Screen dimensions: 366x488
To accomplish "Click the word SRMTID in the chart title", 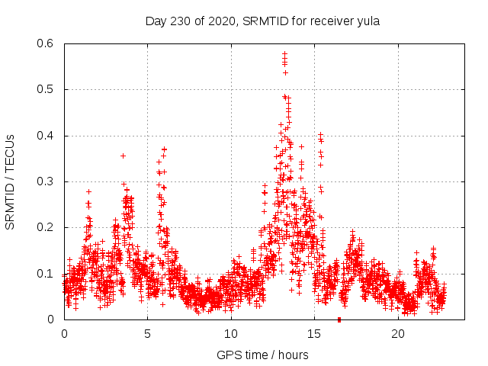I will (x=266, y=21).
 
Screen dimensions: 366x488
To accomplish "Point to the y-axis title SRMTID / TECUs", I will (x=11, y=181).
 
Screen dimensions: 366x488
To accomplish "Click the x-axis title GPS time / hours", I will (x=262, y=355).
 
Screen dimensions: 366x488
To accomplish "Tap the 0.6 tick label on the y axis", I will (x=47, y=43).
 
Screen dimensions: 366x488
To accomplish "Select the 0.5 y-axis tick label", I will (x=47, y=89).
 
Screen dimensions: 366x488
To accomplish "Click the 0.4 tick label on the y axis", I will (x=47, y=136).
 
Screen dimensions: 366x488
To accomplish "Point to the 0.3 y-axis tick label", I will (x=47, y=181).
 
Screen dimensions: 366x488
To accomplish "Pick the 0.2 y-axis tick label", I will (x=47, y=228).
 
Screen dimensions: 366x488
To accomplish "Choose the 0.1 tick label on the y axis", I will (x=47, y=274).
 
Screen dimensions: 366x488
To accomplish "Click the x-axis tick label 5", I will (x=148, y=334).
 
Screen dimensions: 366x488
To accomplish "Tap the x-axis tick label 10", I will (x=231, y=334).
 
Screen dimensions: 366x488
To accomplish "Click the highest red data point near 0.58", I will (x=284, y=53).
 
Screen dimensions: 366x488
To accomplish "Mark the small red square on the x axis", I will (x=339, y=319).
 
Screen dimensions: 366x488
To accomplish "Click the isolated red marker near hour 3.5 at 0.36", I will (x=123, y=156).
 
